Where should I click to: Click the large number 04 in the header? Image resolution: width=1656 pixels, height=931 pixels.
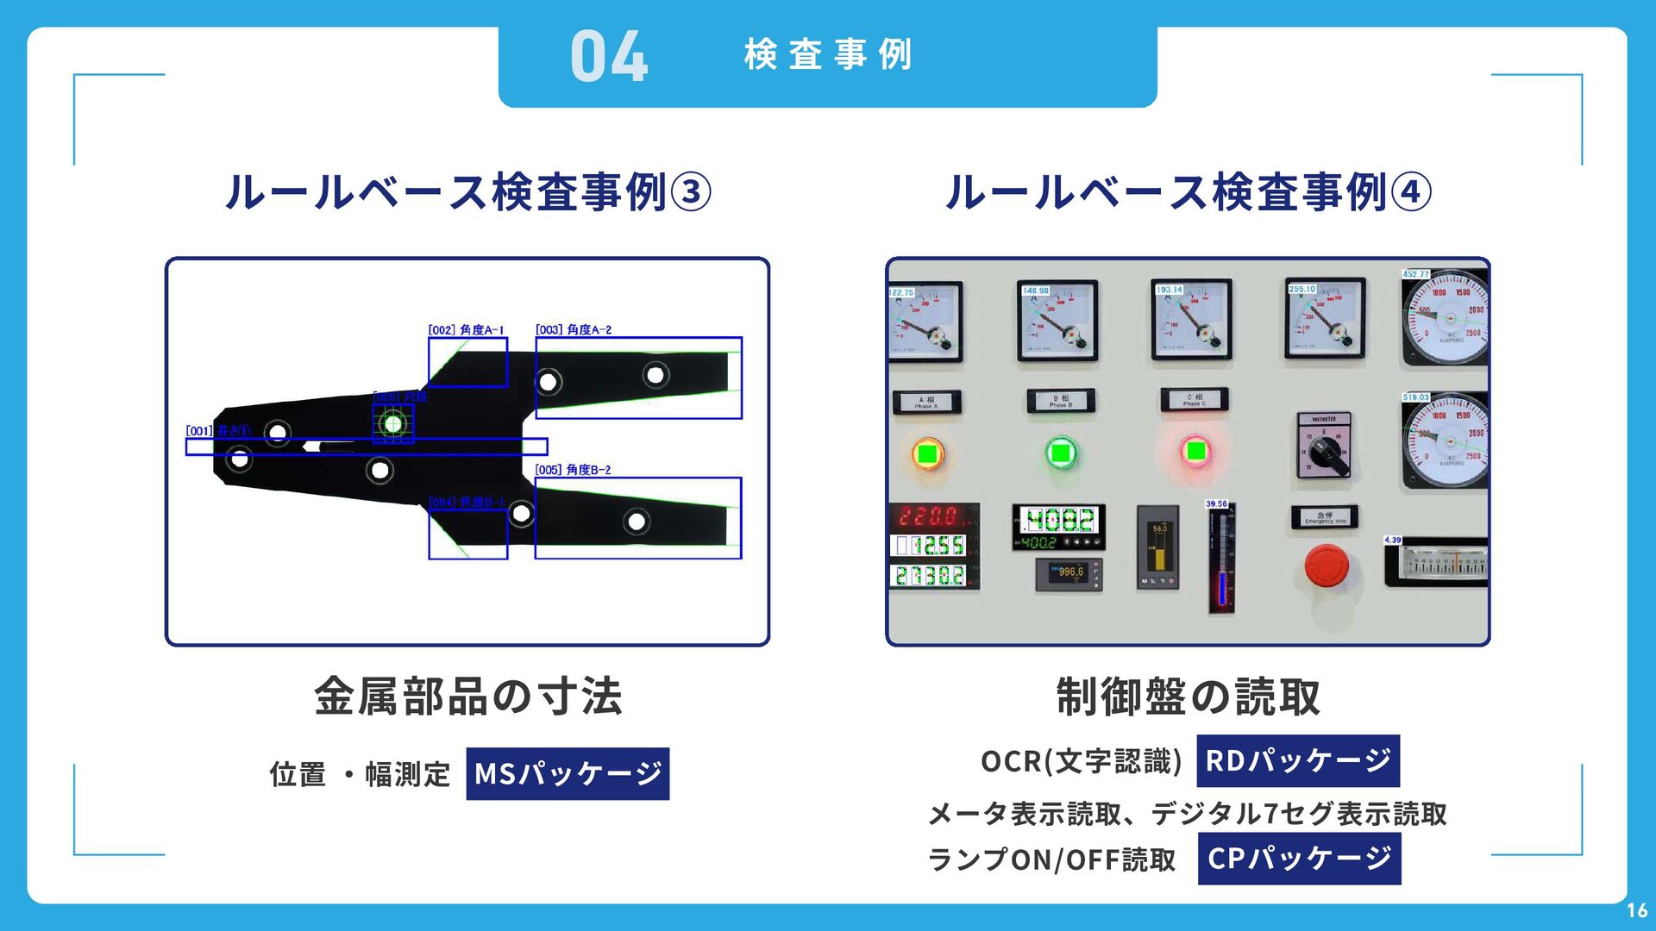(x=609, y=57)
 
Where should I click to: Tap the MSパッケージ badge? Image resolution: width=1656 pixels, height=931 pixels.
(x=568, y=773)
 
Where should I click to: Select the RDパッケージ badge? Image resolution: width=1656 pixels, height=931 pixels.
(x=1297, y=760)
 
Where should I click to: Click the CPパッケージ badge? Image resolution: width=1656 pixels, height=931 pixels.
(x=1299, y=859)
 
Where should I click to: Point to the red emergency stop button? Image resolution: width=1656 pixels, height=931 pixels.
(x=1326, y=567)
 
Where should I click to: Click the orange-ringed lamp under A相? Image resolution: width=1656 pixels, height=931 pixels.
(x=928, y=453)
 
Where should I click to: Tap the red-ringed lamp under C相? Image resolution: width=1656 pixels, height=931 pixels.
(x=1195, y=451)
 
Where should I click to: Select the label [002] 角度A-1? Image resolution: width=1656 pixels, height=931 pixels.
(x=466, y=330)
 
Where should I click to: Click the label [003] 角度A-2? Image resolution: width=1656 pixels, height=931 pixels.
(x=574, y=330)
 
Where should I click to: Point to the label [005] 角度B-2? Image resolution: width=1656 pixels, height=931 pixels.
(x=573, y=470)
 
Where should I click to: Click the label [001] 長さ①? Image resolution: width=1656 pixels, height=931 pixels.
(x=217, y=431)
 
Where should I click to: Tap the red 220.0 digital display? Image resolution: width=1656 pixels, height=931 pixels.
(x=929, y=516)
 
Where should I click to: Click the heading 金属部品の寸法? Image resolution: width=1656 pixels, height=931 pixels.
(x=467, y=697)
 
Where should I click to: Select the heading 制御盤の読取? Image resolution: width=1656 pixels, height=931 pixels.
(x=1188, y=697)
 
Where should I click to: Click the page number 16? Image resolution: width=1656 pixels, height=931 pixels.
(x=1636, y=910)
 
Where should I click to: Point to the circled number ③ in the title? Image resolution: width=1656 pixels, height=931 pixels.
(x=691, y=192)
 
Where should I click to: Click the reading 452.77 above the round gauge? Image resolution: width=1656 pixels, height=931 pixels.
(x=1415, y=274)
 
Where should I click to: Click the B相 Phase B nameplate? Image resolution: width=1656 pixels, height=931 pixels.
(x=1061, y=400)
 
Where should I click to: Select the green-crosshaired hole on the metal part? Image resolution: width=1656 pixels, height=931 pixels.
(x=393, y=424)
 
